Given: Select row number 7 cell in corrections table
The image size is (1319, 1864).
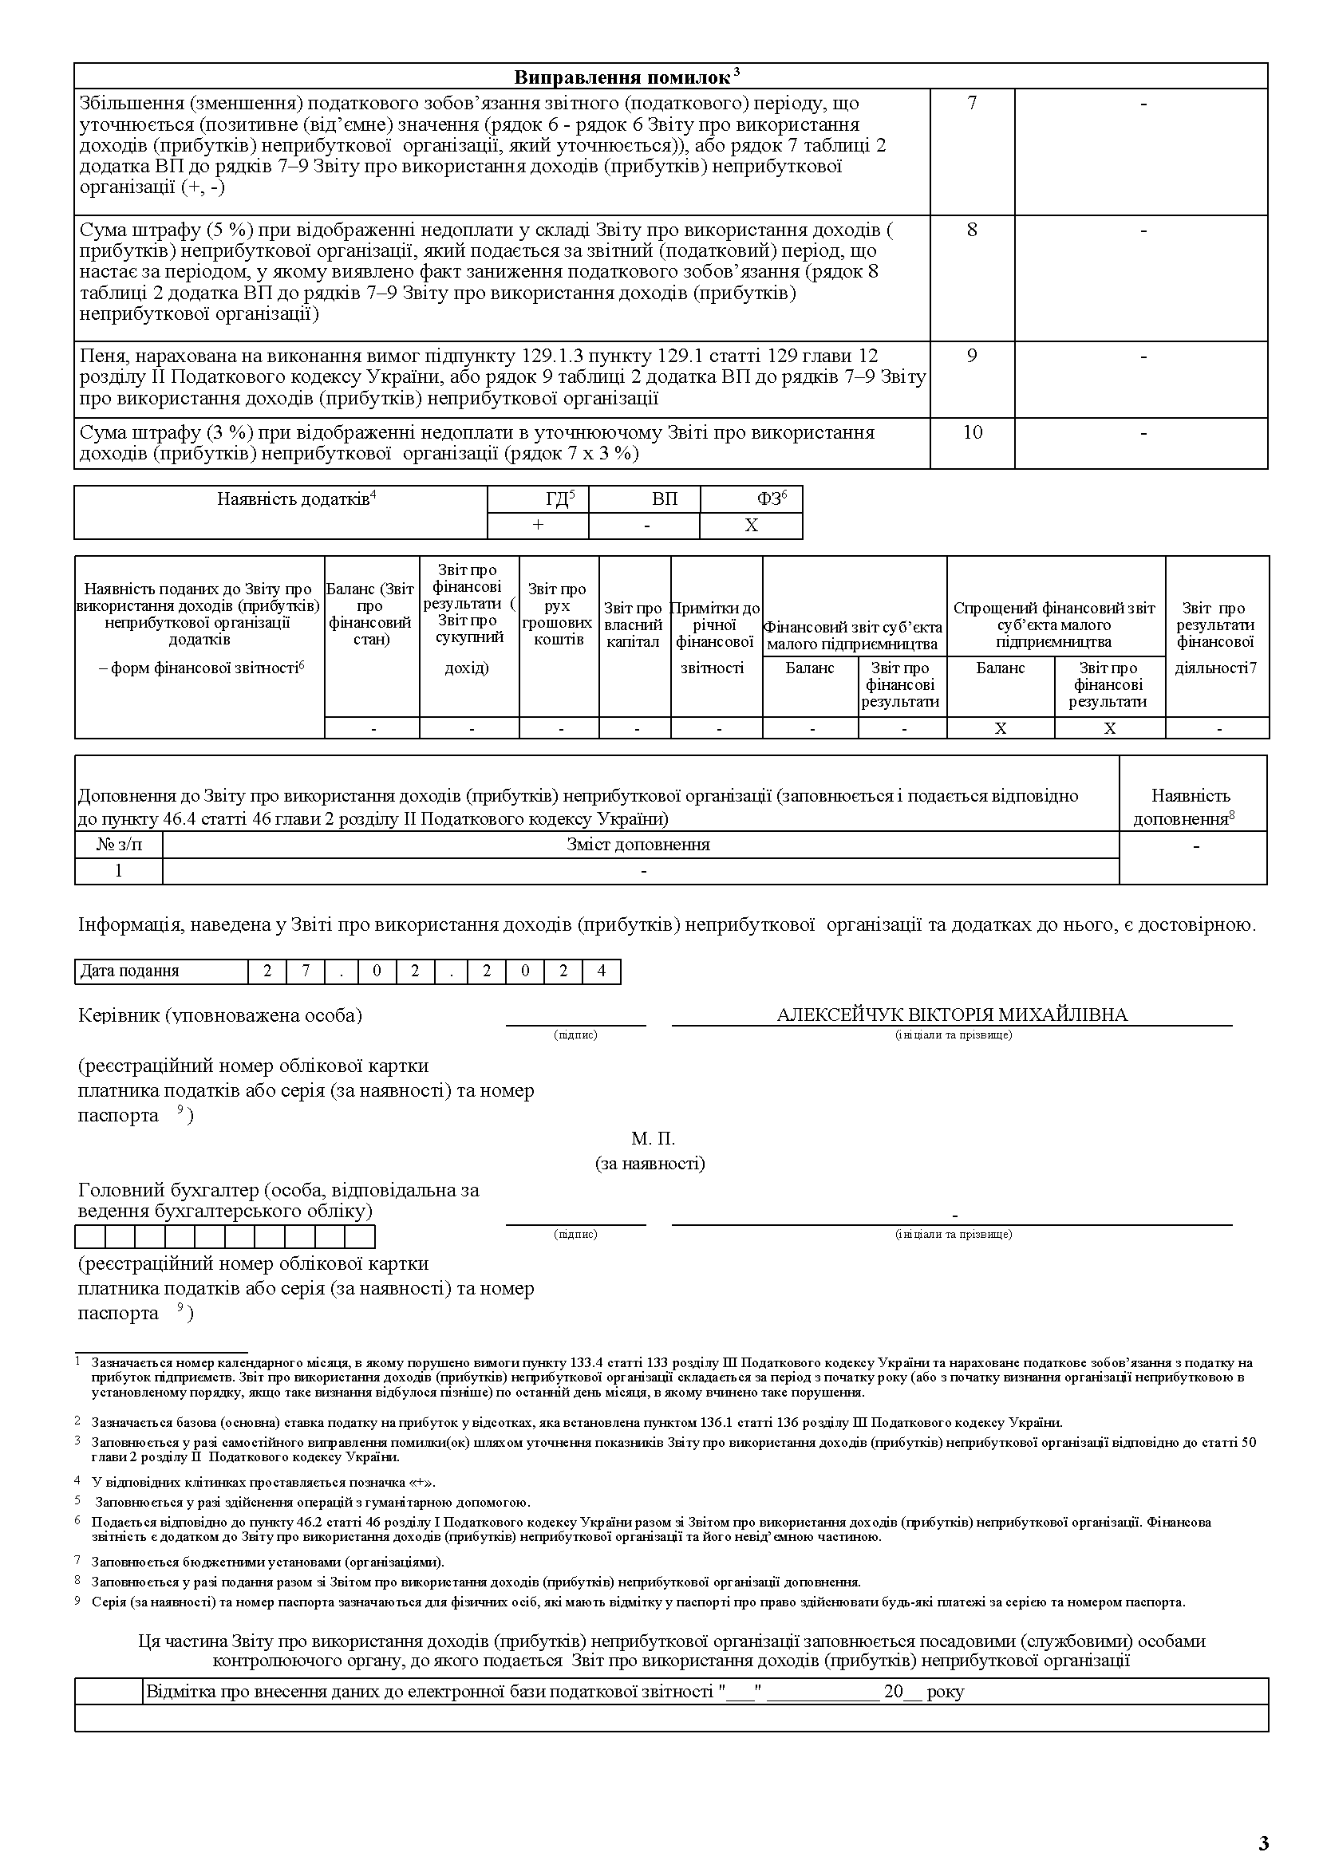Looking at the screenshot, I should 971,103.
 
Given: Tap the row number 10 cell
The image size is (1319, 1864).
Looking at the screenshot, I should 971,432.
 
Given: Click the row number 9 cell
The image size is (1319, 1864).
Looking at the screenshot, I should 971,357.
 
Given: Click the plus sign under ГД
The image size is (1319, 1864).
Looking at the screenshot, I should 538,526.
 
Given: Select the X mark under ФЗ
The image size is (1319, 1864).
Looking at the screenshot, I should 752,526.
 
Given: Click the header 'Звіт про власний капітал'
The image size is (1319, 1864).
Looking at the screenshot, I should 634,625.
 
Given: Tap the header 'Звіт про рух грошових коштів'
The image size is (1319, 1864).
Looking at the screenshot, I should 558,614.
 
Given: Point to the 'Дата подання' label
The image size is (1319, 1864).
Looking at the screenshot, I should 129,971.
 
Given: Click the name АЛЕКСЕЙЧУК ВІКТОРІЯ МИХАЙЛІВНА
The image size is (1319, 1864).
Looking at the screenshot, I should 952,1015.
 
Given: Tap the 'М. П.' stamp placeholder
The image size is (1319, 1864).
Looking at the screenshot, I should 653,1138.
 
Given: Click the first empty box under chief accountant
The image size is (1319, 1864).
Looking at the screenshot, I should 89,1236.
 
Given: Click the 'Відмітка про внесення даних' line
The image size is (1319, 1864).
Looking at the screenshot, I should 555,1692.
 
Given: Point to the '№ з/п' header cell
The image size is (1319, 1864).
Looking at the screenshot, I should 119,845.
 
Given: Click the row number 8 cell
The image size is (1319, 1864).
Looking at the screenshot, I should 971,230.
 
